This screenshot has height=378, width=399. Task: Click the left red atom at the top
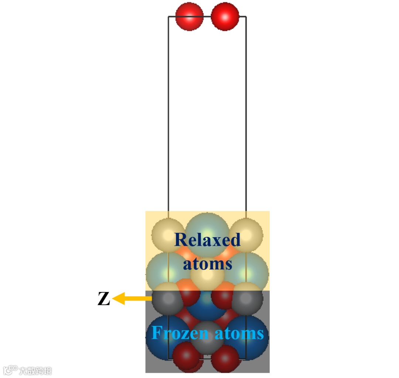(189, 17)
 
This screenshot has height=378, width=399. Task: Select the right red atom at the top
(225, 17)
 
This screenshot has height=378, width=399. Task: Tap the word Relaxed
(207, 239)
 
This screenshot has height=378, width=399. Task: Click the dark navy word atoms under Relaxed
(207, 264)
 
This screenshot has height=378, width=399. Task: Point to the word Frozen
(180, 333)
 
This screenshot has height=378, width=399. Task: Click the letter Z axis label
(103, 299)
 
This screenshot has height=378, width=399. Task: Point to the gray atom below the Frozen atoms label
(207, 347)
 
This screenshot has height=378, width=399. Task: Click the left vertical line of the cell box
(168, 111)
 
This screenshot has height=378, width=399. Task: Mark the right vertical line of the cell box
(246, 111)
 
